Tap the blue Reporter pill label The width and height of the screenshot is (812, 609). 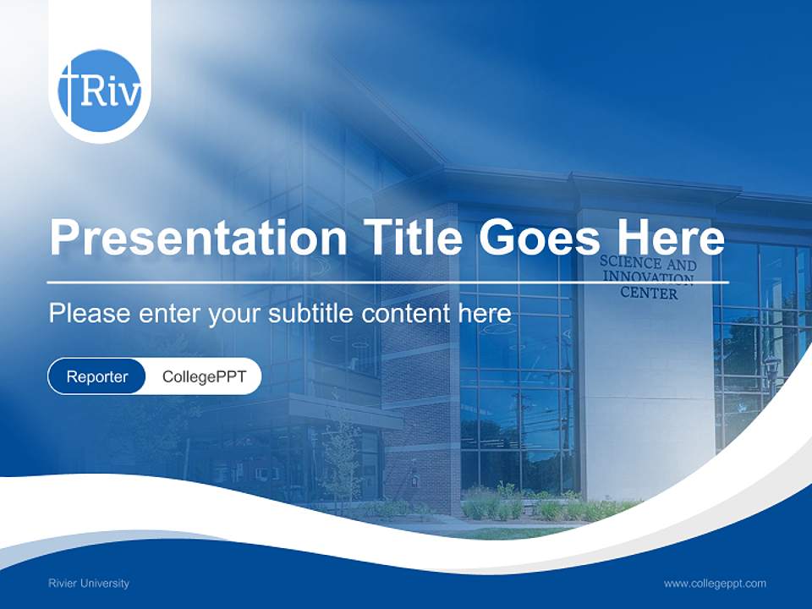tap(97, 376)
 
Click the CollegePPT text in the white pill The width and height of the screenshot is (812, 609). tap(204, 376)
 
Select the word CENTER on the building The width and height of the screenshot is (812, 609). tap(649, 294)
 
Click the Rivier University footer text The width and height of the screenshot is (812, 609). tap(89, 584)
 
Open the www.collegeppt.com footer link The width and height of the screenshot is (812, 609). tap(715, 584)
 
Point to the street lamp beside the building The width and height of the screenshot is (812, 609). tap(771, 372)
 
